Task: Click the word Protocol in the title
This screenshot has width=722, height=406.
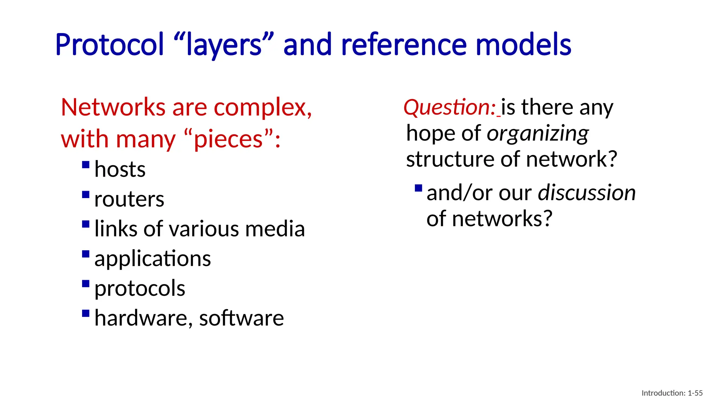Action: point(110,45)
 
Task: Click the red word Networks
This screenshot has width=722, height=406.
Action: point(113,107)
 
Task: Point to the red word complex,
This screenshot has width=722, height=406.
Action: point(263,107)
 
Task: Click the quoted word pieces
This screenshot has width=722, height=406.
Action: point(228,139)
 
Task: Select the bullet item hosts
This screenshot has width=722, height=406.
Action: point(120,170)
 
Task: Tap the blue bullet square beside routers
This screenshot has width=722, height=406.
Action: point(86,195)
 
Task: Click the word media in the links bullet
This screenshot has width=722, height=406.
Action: point(275,229)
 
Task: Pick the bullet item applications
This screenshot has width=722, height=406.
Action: point(153,259)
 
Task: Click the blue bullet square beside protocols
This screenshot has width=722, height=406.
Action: point(86,284)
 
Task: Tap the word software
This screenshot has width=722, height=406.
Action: point(241,318)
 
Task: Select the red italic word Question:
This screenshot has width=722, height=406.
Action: point(450,107)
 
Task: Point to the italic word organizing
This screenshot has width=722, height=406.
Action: point(538,134)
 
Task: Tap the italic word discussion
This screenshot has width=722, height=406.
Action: point(587,193)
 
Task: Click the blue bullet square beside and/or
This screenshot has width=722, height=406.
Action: point(418,188)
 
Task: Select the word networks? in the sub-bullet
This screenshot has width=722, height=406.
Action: point(502,219)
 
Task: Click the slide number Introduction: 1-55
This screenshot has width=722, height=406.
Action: point(672,393)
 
